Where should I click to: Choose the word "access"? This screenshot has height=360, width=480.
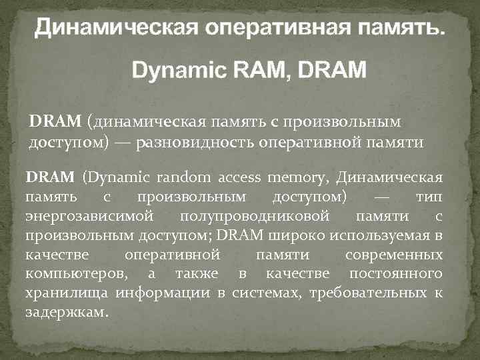click(x=239, y=178)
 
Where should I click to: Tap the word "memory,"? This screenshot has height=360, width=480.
click(x=297, y=178)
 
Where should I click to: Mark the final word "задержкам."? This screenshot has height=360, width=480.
click(x=66, y=312)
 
